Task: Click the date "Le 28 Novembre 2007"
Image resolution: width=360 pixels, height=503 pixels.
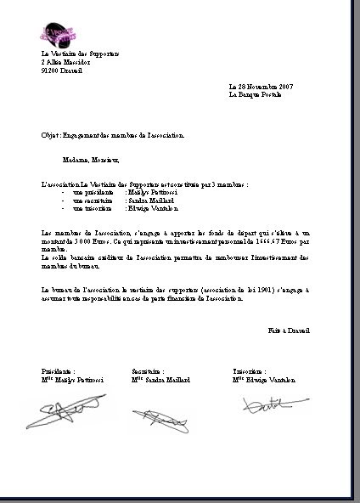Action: pos(261,87)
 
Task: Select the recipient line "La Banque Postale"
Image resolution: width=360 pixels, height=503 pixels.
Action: pos(257,95)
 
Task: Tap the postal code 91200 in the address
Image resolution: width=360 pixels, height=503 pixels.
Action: pos(50,71)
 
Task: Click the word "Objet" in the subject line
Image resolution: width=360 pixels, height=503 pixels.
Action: pos(49,135)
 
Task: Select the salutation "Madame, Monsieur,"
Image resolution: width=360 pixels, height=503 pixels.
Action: pos(91,159)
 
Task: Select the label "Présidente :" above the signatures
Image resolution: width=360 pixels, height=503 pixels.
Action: pos(59,371)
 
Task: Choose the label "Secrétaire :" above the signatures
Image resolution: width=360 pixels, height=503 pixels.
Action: pos(148,371)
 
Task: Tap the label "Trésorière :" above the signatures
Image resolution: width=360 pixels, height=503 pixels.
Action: pos(250,371)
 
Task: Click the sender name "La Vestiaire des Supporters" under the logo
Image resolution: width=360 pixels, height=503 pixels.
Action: pos(81,54)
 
